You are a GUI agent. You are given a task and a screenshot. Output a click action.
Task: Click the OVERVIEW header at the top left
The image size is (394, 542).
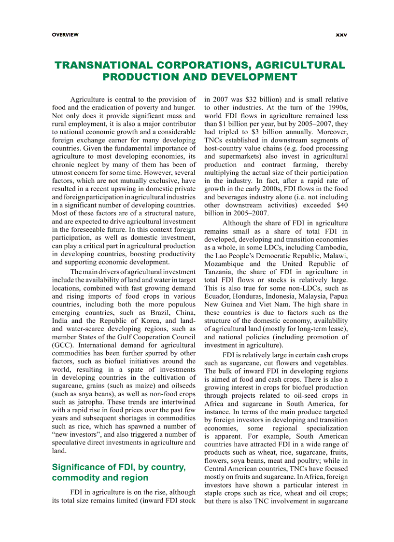65,35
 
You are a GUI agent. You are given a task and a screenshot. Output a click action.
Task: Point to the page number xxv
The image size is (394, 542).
341,35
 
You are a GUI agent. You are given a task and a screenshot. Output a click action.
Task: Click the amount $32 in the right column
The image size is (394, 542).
244,99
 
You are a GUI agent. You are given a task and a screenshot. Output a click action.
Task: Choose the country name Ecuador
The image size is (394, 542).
218,289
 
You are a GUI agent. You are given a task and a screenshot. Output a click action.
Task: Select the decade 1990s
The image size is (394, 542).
336,108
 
